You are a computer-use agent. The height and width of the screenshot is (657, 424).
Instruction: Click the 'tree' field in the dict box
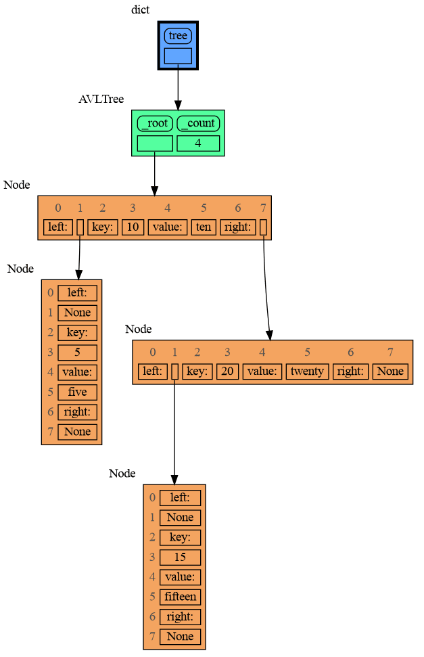pos(178,36)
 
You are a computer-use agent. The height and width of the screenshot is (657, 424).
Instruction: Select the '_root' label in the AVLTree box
pos(155,123)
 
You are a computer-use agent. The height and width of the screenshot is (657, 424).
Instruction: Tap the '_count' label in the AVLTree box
pos(198,123)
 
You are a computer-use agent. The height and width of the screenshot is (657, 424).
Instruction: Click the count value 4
pos(198,143)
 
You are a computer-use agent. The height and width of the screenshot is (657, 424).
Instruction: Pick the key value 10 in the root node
pos(133,227)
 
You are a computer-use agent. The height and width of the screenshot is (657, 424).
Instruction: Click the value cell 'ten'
pos(204,227)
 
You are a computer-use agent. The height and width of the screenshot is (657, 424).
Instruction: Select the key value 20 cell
pos(228,371)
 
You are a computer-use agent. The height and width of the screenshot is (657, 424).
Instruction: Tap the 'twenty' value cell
pos(307,371)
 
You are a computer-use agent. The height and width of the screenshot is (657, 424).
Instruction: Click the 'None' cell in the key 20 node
pos(390,371)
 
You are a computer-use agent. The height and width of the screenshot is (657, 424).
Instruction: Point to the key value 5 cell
pos(78,353)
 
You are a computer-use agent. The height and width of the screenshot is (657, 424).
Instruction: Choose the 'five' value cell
pos(78,392)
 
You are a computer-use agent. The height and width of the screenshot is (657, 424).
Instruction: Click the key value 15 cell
pos(180,558)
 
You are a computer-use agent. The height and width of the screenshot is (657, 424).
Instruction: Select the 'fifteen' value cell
pos(180,597)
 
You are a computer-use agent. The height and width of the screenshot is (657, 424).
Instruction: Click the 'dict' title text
pos(141,9)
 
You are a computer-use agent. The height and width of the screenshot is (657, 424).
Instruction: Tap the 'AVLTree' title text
pos(101,99)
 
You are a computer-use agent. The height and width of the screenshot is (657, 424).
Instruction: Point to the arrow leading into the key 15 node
pos(174,433)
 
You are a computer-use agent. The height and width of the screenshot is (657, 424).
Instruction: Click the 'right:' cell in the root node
pos(237,227)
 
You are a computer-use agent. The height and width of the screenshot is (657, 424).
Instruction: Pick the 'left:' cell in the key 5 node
pos(78,293)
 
